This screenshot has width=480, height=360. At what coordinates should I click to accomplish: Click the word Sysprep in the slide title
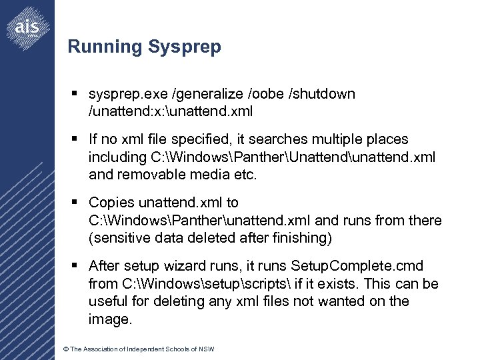tap(185, 47)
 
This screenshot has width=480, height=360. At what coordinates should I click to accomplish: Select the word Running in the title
tap(105, 47)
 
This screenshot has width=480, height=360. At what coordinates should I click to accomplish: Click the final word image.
tap(110, 319)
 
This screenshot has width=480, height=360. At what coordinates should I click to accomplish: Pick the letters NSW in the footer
tap(206, 349)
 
